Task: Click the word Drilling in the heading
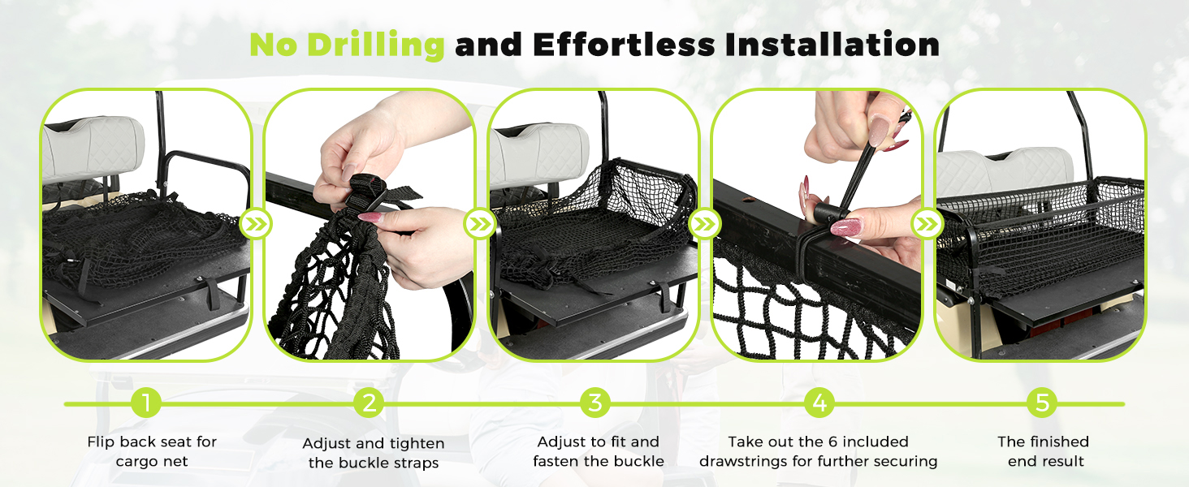(x=376, y=45)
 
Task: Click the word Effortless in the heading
(x=625, y=45)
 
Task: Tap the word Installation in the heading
(x=832, y=45)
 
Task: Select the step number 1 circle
(x=146, y=403)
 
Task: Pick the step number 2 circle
(x=369, y=403)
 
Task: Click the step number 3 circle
(x=595, y=403)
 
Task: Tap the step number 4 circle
(x=819, y=403)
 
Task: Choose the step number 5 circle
(x=1042, y=403)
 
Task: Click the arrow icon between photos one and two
(x=256, y=224)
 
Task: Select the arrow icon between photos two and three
(x=480, y=224)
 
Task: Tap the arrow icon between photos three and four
(x=704, y=224)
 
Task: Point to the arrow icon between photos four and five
(x=927, y=224)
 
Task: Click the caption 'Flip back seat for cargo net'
(x=152, y=451)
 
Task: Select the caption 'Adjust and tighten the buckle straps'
(x=374, y=453)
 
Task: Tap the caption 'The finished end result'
(x=1044, y=451)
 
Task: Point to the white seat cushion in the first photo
(x=93, y=148)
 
